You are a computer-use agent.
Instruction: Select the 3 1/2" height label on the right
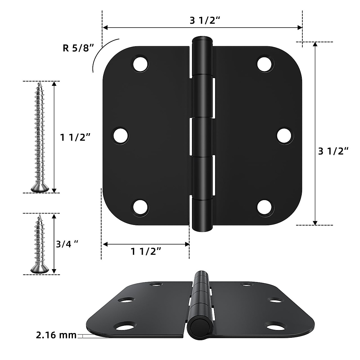333,151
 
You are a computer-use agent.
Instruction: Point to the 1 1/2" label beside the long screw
75,137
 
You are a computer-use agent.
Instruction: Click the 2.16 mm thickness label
56,335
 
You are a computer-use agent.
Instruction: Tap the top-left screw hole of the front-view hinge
141,64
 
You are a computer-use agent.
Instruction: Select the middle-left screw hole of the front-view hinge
121,136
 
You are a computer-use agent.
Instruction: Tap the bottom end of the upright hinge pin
202,228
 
